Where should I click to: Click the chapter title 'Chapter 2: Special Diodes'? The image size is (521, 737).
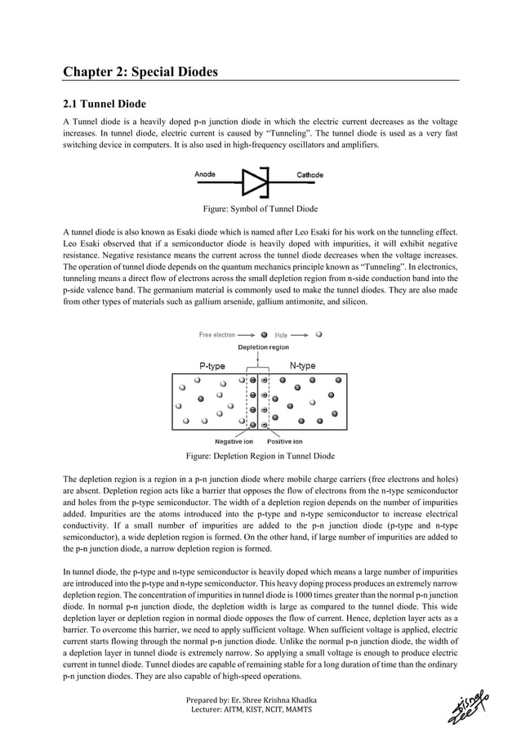click(140, 72)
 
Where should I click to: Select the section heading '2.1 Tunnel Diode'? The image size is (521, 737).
click(105, 104)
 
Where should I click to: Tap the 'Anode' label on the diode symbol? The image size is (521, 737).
click(205, 175)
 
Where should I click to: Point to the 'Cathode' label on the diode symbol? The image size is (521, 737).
click(309, 175)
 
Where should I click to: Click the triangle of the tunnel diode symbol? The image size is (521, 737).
click(254, 182)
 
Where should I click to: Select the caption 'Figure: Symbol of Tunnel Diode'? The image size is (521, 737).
click(260, 208)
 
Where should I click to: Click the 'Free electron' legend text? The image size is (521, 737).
click(217, 334)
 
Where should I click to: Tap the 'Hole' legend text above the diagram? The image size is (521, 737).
click(281, 334)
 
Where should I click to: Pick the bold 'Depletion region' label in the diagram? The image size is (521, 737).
click(263, 347)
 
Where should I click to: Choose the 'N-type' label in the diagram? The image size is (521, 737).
click(303, 366)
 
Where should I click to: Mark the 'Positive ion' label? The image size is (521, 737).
click(284, 441)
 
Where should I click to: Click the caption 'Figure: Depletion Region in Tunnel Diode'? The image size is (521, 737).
click(260, 456)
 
